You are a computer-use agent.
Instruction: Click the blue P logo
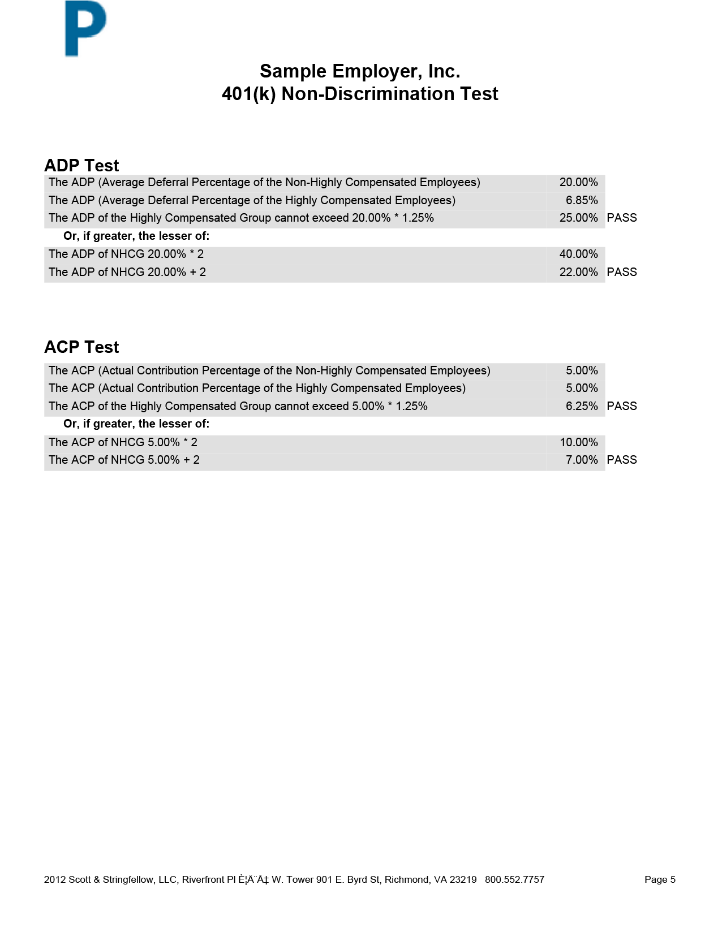click(x=85, y=28)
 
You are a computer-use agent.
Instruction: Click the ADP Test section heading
click(x=81, y=166)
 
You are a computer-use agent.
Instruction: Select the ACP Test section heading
click(x=81, y=347)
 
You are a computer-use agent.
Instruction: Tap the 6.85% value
click(x=582, y=200)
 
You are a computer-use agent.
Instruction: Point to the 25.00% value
click(x=578, y=218)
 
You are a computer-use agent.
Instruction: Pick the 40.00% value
click(x=578, y=254)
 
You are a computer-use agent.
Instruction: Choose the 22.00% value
click(x=578, y=272)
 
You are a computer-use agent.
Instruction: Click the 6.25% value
click(x=582, y=406)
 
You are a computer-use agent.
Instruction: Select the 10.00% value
click(x=578, y=442)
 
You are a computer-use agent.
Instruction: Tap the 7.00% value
click(x=582, y=460)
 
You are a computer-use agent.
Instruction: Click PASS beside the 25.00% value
click(x=622, y=218)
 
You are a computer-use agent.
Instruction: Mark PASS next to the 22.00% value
click(x=622, y=272)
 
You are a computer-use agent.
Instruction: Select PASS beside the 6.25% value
click(x=622, y=406)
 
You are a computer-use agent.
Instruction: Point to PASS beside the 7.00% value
click(x=622, y=460)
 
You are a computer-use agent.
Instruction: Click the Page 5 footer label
click(x=660, y=879)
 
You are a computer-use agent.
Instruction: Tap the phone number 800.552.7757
click(x=514, y=879)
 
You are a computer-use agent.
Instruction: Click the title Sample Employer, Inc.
click(x=360, y=71)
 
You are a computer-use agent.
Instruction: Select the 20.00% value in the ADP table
click(x=578, y=182)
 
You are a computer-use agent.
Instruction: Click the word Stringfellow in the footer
click(x=128, y=879)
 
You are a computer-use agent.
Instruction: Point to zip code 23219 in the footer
click(x=463, y=879)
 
